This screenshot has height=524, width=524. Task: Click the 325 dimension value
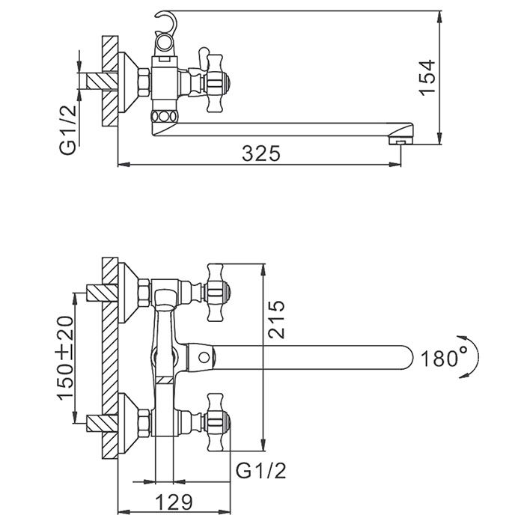point(261,153)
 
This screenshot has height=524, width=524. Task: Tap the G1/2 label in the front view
point(260,471)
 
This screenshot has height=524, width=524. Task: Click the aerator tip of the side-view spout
point(402,139)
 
